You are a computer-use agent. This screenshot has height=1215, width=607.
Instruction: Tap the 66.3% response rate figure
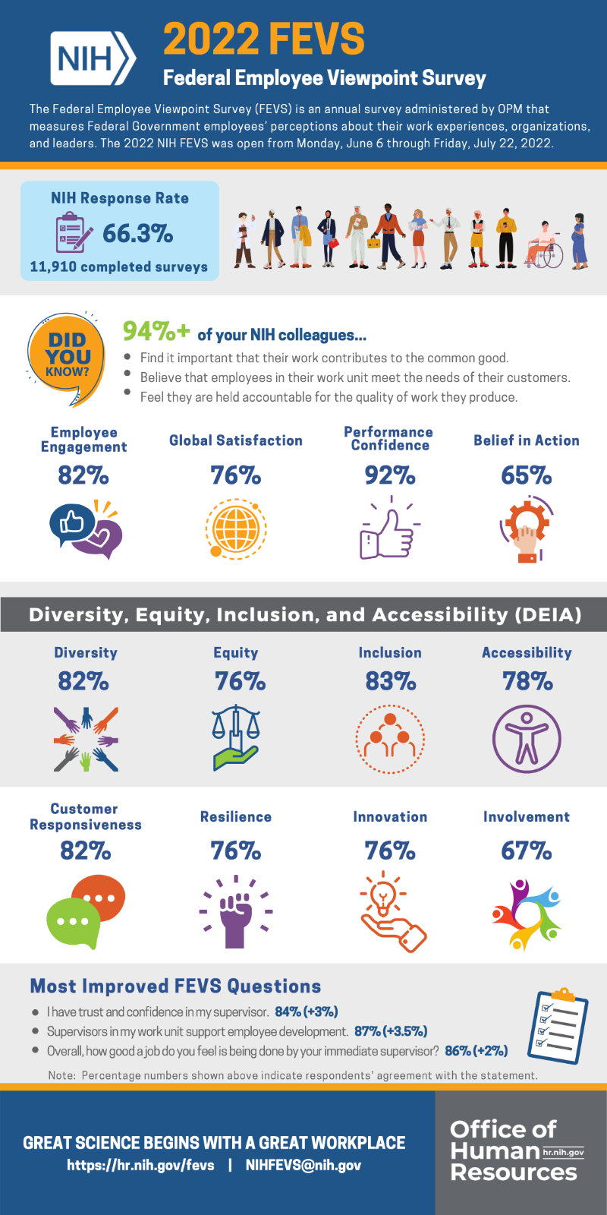(137, 233)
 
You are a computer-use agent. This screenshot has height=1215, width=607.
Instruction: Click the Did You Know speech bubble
(67, 357)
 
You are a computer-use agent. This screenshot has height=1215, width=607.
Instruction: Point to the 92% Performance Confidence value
(390, 475)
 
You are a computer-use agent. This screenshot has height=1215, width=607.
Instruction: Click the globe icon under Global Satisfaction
(236, 529)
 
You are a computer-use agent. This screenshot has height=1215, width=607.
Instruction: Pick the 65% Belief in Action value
(526, 475)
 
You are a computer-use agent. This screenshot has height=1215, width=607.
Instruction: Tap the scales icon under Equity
(236, 737)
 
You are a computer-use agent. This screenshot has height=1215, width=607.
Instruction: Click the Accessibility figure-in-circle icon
(527, 738)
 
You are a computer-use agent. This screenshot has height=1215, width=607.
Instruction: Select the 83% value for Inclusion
(390, 681)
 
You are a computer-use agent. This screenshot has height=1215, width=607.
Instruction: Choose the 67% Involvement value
(526, 850)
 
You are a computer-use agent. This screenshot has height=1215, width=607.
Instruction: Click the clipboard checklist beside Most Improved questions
(558, 1025)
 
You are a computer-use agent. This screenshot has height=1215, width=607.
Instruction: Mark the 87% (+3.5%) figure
(391, 1031)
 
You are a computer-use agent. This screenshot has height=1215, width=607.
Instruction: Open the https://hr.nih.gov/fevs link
(140, 1165)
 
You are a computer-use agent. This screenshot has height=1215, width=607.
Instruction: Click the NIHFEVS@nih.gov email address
(303, 1165)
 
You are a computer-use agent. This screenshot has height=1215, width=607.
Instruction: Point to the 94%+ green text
(156, 331)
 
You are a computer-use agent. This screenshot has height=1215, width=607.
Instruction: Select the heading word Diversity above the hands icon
(86, 652)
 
